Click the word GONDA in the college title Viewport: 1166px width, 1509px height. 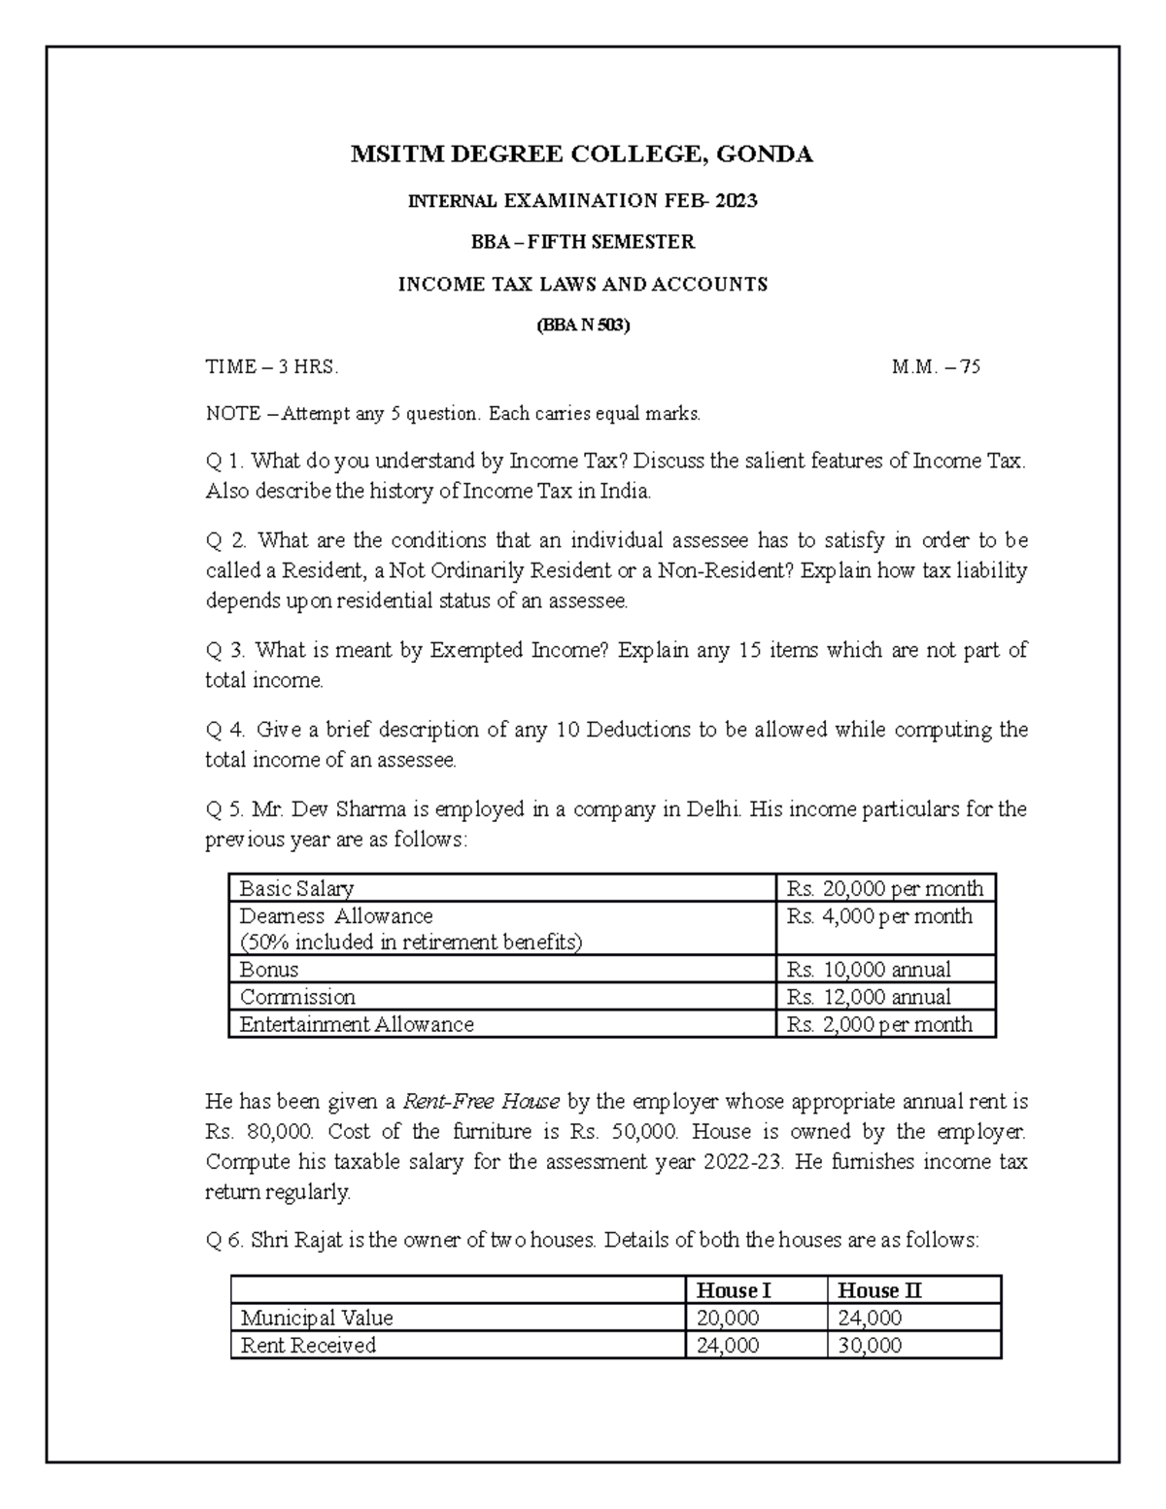pos(764,154)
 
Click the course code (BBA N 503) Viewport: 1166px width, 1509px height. pos(583,326)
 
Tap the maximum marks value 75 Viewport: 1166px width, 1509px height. pos(970,367)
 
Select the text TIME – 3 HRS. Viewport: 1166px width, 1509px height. pos(272,367)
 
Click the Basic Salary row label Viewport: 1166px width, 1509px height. pos(296,888)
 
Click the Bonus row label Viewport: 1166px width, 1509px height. pos(269,970)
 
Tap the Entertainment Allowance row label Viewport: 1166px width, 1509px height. pos(357,1024)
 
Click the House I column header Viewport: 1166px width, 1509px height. pos(734,1290)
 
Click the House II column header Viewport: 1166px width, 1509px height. pos(878,1290)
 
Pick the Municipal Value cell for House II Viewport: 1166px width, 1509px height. pos(869,1319)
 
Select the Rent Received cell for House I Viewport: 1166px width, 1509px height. pos(728,1346)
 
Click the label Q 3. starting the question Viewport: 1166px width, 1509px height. pos(226,650)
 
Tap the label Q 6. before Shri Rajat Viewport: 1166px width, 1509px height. pos(225,1241)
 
